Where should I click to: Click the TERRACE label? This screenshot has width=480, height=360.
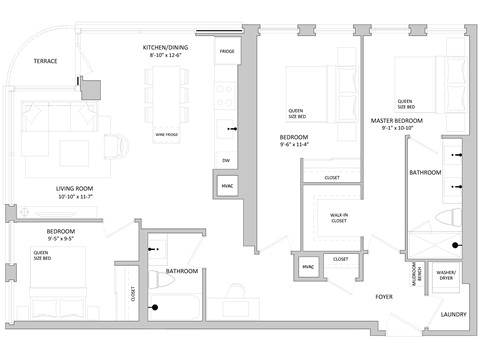[x=45, y=61]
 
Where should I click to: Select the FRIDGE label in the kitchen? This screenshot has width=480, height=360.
[x=226, y=49]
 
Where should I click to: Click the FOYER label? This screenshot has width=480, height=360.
[x=384, y=296]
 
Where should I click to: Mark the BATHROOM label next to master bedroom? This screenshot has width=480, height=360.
[x=426, y=173]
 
